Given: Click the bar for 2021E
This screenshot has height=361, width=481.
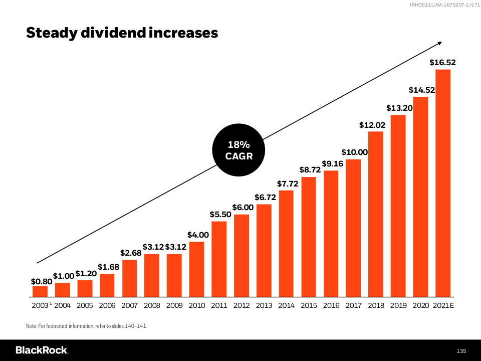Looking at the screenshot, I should [x=443, y=183].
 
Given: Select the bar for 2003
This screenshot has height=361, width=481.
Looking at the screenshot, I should [x=40, y=291].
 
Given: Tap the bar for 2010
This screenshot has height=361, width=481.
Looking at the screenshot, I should [x=196, y=269].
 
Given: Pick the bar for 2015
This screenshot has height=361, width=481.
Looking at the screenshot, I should [x=309, y=237].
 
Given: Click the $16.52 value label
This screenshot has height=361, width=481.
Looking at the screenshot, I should [x=443, y=63].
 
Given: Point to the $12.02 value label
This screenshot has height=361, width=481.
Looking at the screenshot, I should [x=372, y=125].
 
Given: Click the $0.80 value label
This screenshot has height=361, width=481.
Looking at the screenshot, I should [x=41, y=281].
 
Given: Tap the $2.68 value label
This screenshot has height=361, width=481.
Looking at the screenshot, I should [x=130, y=253].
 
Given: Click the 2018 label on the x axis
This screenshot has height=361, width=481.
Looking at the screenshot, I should [x=376, y=305].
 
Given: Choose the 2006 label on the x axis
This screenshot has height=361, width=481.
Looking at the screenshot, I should [x=107, y=305].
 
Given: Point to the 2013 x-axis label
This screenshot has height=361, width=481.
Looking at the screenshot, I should [x=264, y=305].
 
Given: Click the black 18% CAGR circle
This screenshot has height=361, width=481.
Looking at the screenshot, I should [x=239, y=150].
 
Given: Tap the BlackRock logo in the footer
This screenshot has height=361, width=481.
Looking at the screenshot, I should [x=42, y=350].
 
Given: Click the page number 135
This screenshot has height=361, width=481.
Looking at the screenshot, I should [x=461, y=350].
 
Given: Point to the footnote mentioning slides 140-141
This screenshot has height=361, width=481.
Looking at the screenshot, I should [x=87, y=326].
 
